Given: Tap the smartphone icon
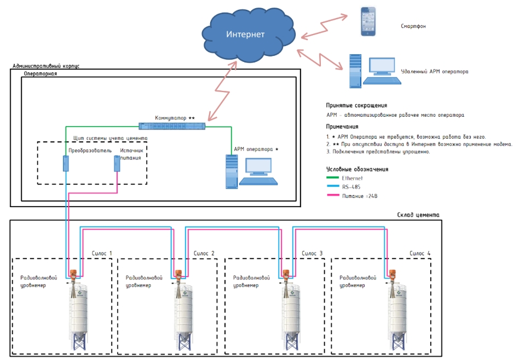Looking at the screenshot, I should (x=368, y=22).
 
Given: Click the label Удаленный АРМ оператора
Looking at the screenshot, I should (x=435, y=71).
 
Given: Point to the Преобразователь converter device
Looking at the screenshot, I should (x=65, y=163).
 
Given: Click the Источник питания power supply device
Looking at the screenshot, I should (x=117, y=163).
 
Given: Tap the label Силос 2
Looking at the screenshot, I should (x=204, y=253).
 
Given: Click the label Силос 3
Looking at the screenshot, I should (x=312, y=253).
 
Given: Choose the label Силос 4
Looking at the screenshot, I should (x=420, y=253).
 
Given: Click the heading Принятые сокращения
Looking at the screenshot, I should (x=356, y=105).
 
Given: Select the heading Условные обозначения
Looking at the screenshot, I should (x=357, y=169).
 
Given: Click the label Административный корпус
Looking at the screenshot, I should (x=46, y=66).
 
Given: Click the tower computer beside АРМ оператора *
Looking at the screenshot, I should (x=232, y=172).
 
